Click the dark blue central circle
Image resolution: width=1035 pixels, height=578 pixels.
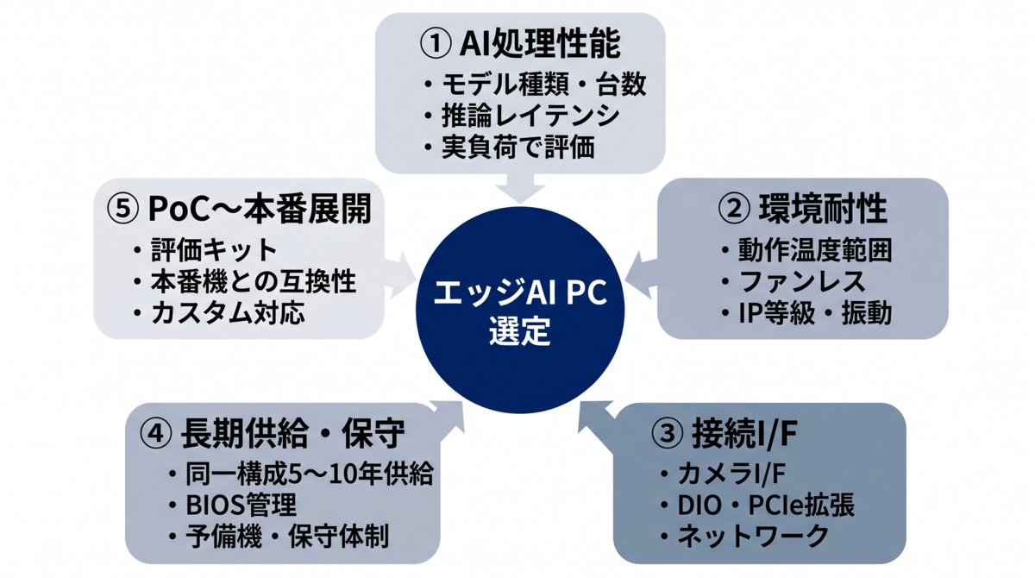(520, 310)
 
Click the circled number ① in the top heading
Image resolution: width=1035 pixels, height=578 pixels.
(435, 44)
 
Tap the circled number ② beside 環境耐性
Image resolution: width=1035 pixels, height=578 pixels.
(733, 209)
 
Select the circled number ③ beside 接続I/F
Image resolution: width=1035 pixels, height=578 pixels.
(666, 434)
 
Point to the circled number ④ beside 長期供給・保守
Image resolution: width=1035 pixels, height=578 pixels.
(156, 434)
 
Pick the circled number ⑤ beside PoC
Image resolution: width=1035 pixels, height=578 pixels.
(122, 209)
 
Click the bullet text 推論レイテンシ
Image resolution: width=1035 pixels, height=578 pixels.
(530, 116)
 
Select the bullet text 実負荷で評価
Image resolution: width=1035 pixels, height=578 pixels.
(518, 148)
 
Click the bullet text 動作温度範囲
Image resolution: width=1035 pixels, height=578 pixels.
(815, 250)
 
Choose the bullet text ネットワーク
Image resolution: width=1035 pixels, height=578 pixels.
(753, 537)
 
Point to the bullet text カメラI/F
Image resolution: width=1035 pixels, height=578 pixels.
(731, 474)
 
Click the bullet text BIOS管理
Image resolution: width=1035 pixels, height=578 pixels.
(241, 505)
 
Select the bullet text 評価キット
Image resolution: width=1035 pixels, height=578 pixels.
(214, 250)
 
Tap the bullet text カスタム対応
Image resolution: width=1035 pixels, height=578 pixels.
(228, 313)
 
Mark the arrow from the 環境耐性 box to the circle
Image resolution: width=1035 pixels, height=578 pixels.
(642, 275)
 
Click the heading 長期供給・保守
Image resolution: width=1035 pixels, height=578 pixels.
(292, 434)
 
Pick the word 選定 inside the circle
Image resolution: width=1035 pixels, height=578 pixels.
(520, 330)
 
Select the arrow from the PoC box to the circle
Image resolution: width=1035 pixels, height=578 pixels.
(400, 275)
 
